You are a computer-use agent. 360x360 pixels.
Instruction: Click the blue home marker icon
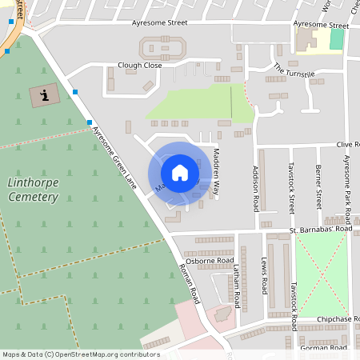coord(180,172)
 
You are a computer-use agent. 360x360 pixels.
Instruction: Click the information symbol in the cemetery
coord(44,96)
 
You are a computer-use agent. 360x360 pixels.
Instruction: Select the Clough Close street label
coord(139,66)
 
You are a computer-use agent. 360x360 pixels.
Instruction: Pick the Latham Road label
coord(237,289)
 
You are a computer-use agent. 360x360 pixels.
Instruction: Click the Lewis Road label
coord(265,275)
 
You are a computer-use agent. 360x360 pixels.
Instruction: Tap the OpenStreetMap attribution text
coord(80,354)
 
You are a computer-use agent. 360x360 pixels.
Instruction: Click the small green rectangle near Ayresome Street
coord(337,38)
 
